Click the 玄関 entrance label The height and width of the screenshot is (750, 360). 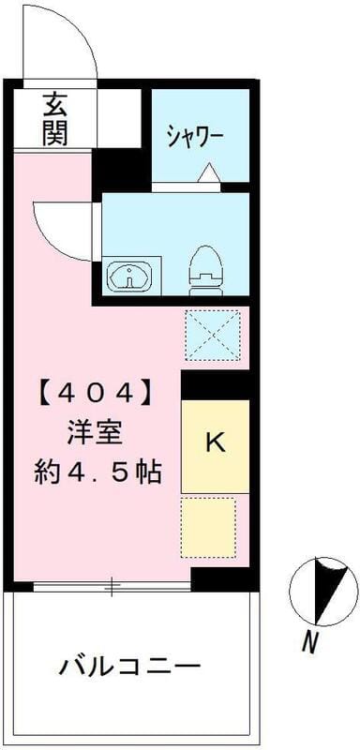point(54,118)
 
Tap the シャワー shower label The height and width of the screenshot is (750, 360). point(195,137)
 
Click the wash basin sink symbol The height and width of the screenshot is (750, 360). point(131,277)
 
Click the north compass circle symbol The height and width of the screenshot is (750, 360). point(322,591)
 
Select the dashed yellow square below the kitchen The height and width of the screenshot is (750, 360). point(208,528)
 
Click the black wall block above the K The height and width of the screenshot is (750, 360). point(216,384)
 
